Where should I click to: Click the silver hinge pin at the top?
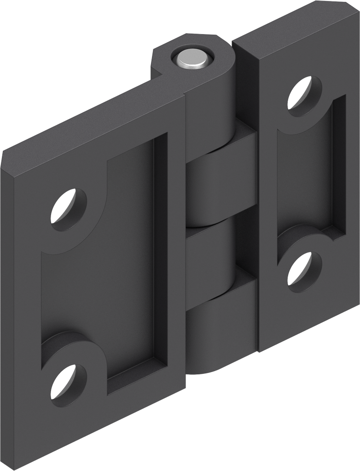pyautogui.click(x=192, y=59)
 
